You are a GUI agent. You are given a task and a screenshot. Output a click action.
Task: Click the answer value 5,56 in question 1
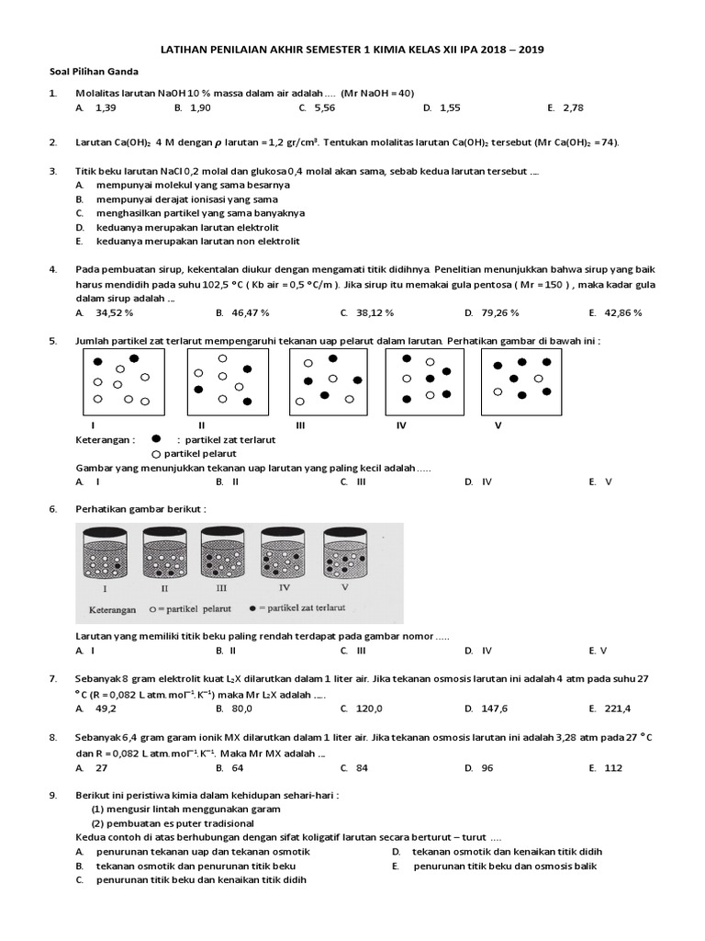coord(325,108)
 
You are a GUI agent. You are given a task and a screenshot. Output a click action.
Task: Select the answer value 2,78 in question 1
coord(573,108)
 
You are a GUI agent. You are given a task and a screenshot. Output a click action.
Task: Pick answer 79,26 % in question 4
coord(500,312)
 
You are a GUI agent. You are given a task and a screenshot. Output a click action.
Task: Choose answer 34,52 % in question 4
coord(115,312)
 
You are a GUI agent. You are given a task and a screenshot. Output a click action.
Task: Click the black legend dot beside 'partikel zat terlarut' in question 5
coord(156,439)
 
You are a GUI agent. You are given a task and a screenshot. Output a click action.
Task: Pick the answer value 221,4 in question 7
coord(617,709)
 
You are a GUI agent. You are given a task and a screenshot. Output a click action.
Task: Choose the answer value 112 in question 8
coord(613,767)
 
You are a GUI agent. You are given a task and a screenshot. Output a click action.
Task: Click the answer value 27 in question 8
coord(102,767)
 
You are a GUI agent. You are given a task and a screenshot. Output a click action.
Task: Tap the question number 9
coord(53,795)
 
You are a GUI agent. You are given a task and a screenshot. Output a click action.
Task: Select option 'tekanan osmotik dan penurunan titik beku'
coord(196,866)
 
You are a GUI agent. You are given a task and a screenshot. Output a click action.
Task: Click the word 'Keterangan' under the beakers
coord(112,609)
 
